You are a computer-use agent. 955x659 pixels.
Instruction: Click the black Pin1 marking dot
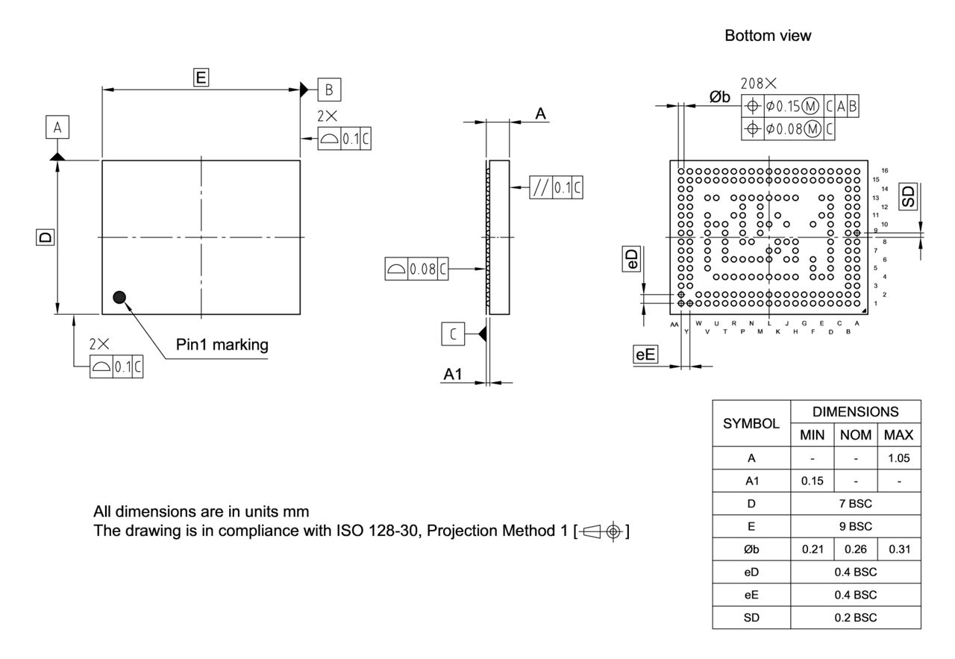pos(118,297)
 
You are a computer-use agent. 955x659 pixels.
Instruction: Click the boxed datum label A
pos(57,128)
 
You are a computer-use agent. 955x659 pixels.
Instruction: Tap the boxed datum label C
pos(453,334)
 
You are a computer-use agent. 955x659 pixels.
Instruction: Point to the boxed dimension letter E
pos(201,76)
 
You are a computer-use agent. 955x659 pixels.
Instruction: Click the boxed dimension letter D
pos(46,237)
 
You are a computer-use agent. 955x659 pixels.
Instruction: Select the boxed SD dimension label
pos(908,197)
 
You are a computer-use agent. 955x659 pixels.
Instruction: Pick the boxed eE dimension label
pos(645,355)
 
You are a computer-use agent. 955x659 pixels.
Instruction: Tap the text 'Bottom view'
pos(768,36)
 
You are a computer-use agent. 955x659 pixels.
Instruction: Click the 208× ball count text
pos(759,84)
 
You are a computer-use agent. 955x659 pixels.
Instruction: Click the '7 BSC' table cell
pos(855,503)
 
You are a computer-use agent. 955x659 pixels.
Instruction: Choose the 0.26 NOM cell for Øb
pos(855,549)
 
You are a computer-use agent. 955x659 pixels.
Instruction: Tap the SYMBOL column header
pos(751,422)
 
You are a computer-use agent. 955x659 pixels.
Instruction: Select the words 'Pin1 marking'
pos(222,345)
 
